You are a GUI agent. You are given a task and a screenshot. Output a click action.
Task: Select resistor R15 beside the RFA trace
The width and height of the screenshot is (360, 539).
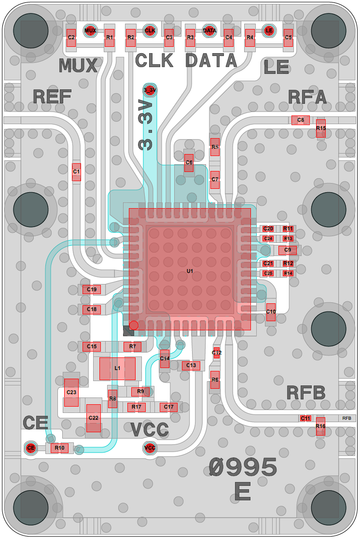[321, 128]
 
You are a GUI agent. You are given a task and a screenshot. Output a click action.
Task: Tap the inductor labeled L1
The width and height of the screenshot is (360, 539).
[117, 369]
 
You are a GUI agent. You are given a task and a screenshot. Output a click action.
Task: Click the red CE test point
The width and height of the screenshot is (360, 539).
[31, 448]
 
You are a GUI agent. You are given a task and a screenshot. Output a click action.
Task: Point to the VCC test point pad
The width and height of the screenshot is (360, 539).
[150, 448]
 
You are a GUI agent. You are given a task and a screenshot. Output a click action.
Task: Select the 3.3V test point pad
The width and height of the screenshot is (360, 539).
[150, 90]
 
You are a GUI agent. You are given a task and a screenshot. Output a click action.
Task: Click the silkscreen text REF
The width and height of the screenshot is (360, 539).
[52, 97]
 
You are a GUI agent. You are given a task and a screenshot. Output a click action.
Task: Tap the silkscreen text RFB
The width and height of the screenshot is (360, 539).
[305, 393]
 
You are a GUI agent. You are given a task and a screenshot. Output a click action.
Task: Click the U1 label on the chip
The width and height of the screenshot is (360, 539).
[190, 271]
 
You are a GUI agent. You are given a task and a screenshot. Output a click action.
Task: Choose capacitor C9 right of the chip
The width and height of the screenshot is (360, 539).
[287, 250]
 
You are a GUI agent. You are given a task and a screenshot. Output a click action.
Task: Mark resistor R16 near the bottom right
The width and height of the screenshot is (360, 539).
[320, 426]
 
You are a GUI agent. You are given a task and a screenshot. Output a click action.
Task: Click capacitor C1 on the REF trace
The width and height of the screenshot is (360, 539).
[76, 171]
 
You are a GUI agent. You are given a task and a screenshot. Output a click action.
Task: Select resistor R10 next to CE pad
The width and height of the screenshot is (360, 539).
[60, 448]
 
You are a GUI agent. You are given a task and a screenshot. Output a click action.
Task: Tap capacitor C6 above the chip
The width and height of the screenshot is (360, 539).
[189, 163]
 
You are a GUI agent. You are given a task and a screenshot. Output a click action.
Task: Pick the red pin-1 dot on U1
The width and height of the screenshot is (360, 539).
[134, 326]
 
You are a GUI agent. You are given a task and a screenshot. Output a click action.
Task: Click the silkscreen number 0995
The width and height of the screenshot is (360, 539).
[243, 468]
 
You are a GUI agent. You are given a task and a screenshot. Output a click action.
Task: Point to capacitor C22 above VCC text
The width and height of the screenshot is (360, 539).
[93, 418]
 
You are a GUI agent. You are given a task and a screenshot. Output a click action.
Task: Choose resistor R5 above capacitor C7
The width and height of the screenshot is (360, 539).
[215, 147]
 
